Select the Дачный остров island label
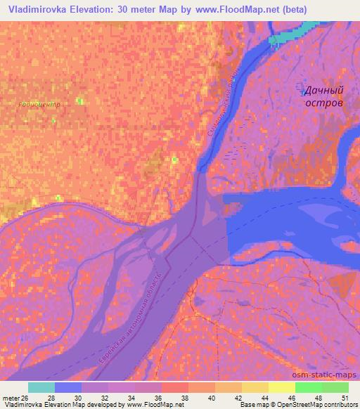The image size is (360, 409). pos(323,96)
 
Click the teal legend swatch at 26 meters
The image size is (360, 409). pos(41,387)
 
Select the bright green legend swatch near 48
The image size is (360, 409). pos(309,387)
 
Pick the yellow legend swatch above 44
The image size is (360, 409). pos(255,387)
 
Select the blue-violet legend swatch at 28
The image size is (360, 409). pos(68,387)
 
